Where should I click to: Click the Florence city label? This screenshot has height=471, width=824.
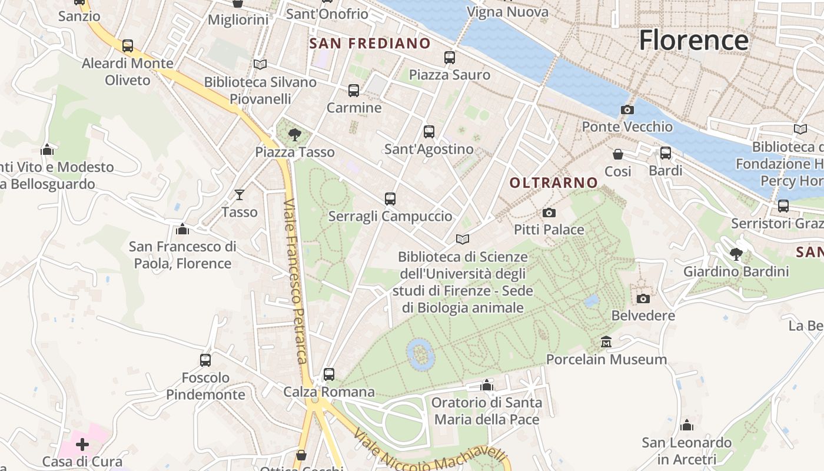pyautogui.click(x=693, y=40)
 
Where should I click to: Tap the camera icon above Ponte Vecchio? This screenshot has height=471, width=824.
pyautogui.click(x=627, y=110)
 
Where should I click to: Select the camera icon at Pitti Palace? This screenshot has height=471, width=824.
pyautogui.click(x=549, y=213)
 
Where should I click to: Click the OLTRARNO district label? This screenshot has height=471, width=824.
pyautogui.click(x=553, y=183)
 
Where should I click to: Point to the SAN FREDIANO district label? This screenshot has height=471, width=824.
pyautogui.click(x=370, y=44)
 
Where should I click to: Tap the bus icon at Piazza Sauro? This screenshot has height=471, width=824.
pyautogui.click(x=449, y=57)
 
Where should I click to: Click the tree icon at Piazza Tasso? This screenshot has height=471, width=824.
pyautogui.click(x=295, y=135)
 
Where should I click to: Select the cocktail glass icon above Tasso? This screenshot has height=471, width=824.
pyautogui.click(x=240, y=194)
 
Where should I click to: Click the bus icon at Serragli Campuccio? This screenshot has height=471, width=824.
pyautogui.click(x=390, y=199)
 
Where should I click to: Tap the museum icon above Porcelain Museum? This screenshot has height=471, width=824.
pyautogui.click(x=606, y=342)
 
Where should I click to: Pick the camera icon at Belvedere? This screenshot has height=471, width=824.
pyautogui.click(x=643, y=298)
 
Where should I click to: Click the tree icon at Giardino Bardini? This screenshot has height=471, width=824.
pyautogui.click(x=736, y=254)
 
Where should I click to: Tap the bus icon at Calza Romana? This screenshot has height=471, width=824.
pyautogui.click(x=328, y=374)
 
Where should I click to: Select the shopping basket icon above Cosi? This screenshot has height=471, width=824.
pyautogui.click(x=618, y=154)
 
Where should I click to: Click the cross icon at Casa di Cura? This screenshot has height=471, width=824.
pyautogui.click(x=82, y=444)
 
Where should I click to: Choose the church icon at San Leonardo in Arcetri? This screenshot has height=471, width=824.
pyautogui.click(x=686, y=425)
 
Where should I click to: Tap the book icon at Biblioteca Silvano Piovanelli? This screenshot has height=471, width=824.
pyautogui.click(x=260, y=64)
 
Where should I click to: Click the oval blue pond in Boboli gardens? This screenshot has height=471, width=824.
pyautogui.click(x=420, y=355)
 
